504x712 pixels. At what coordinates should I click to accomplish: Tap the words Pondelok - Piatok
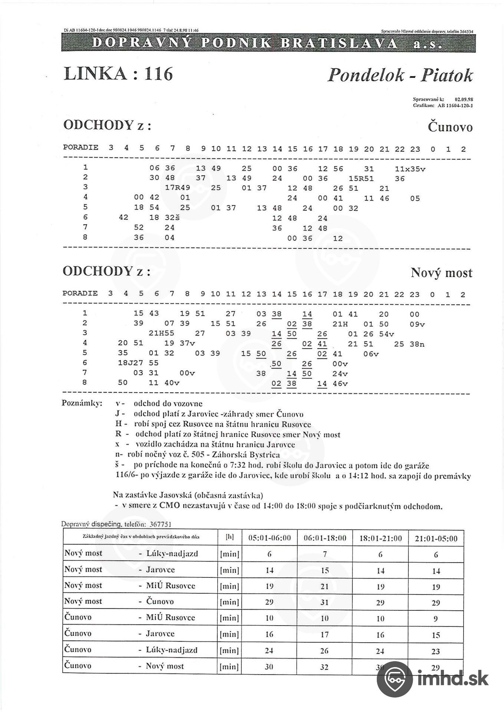click(x=400, y=75)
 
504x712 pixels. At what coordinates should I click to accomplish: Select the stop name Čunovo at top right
click(x=450, y=127)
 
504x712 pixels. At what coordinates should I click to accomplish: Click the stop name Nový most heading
click(x=441, y=273)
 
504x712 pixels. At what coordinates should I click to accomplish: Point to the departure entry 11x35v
click(x=410, y=169)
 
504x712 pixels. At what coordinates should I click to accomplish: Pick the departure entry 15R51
click(x=361, y=179)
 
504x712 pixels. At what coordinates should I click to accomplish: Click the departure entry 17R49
click(x=177, y=188)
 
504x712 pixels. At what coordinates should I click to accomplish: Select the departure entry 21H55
click(x=161, y=333)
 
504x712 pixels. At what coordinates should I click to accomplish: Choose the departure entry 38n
click(x=417, y=344)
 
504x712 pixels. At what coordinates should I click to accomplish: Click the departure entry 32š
click(x=172, y=218)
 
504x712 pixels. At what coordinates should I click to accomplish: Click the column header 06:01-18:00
click(x=325, y=538)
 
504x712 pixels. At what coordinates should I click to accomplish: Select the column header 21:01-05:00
click(x=436, y=538)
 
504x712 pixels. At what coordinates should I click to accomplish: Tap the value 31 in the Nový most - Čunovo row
click(x=325, y=602)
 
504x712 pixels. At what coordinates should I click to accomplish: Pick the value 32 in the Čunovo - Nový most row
click(x=325, y=667)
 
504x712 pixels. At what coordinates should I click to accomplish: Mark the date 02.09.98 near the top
click(x=464, y=99)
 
